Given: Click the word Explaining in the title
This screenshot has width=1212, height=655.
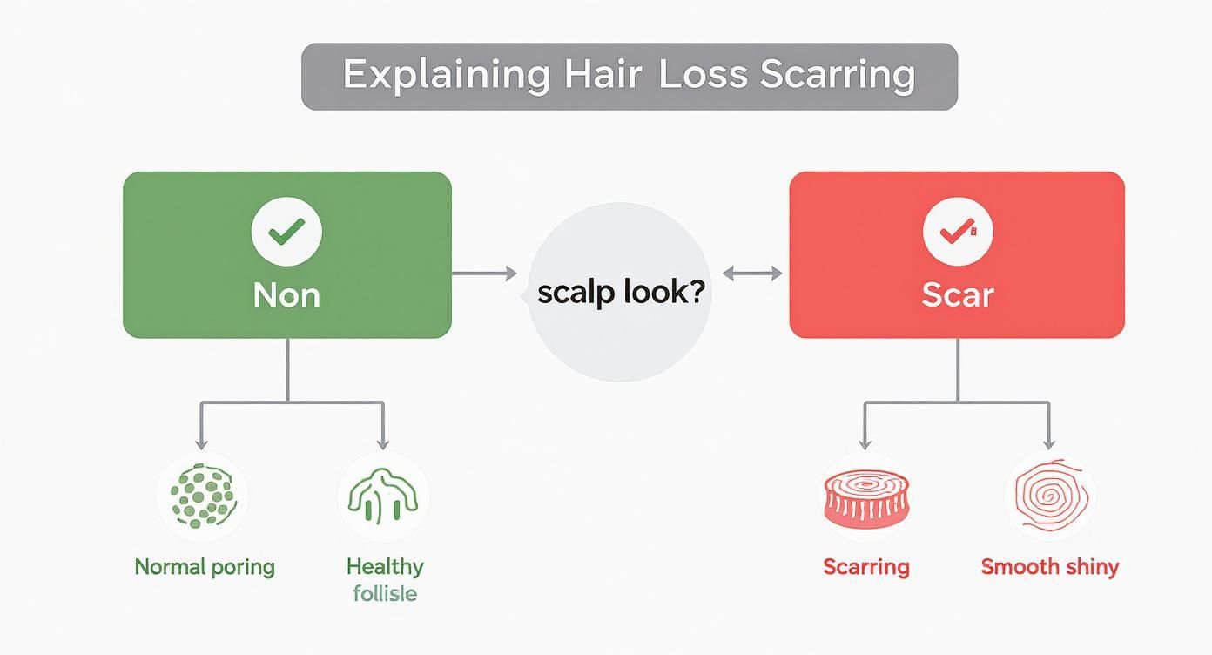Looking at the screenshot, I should [446, 75].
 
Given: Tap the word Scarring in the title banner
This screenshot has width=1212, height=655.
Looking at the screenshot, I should [838, 75].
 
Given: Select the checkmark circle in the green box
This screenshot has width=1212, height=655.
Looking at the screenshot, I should [286, 232].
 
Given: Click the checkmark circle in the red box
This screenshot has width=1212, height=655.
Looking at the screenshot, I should [957, 232].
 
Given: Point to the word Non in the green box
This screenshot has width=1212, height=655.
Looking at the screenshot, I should [286, 295].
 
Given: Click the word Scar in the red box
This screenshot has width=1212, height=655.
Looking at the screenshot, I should [957, 295].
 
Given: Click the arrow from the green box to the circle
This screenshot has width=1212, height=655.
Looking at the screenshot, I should [484, 273].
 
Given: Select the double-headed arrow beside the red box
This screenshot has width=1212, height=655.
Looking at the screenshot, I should [752, 273].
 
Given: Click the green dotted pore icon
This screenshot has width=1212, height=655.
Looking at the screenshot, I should [202, 496].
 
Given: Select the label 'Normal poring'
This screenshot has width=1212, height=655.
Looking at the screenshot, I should [205, 567].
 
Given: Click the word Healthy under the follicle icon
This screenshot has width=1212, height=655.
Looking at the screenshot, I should [385, 566].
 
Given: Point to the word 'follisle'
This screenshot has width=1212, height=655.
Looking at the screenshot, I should [385, 594].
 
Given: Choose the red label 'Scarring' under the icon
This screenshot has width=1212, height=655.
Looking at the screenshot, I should [865, 567].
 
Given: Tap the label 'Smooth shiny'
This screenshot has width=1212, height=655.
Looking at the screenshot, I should [1049, 567].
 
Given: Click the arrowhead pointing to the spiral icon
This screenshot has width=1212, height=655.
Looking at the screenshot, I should [1049, 442].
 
